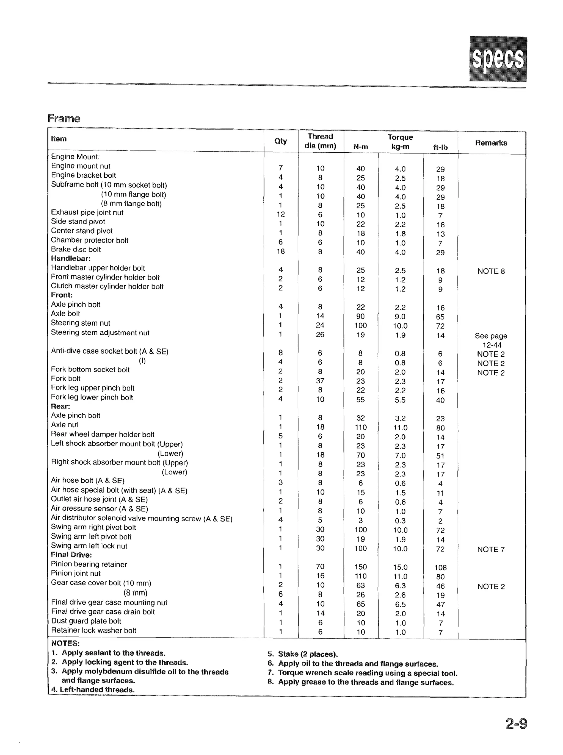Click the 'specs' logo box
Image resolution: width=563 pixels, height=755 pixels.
[498, 58]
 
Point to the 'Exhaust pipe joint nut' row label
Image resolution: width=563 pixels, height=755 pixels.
[87, 212]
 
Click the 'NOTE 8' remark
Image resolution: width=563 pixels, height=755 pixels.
[491, 271]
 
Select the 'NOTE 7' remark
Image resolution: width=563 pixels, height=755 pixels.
[491, 549]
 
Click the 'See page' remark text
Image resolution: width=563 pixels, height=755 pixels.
[491, 336]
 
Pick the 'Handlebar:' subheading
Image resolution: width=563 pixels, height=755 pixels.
[71, 258]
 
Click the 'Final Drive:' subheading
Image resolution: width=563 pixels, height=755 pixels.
[71, 555]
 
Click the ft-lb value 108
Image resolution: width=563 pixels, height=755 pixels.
[440, 567]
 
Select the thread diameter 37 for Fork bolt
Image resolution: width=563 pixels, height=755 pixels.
[320, 381]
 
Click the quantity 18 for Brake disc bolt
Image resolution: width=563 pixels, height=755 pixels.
[280, 251]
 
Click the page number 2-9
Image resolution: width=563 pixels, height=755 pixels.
[516, 732]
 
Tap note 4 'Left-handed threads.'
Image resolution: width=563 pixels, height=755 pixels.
[93, 690]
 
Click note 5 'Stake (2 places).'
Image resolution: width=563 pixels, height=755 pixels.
[303, 654]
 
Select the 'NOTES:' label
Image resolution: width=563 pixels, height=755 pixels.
[65, 643]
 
